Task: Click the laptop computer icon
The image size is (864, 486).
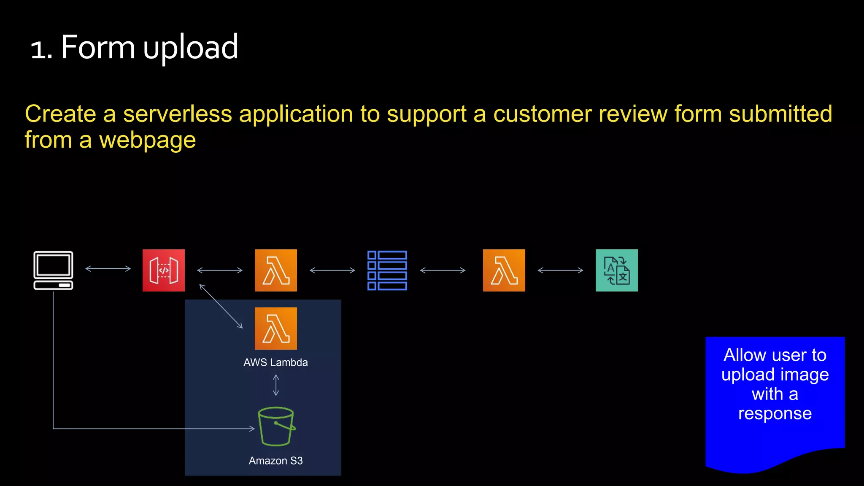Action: (x=53, y=270)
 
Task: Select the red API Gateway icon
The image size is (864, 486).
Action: (x=164, y=270)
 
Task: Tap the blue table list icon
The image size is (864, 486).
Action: (x=387, y=270)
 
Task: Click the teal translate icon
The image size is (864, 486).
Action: (x=616, y=270)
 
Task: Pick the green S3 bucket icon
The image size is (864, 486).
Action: (x=276, y=426)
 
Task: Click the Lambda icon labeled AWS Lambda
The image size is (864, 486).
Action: (x=276, y=328)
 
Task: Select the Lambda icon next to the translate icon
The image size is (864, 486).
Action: (x=504, y=270)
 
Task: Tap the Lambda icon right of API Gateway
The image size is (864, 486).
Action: (x=276, y=270)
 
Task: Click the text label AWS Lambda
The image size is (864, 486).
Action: (x=275, y=362)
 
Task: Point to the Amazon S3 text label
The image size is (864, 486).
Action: (x=275, y=461)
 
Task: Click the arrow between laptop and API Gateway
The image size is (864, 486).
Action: (x=108, y=268)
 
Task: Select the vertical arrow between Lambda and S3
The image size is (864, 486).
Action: (x=276, y=385)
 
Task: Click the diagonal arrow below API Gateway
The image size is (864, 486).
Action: (x=221, y=306)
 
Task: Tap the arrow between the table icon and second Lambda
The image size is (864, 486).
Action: (x=443, y=270)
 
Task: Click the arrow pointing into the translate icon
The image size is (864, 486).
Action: (x=560, y=270)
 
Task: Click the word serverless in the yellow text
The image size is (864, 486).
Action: (x=177, y=114)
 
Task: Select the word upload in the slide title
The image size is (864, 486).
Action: (x=191, y=47)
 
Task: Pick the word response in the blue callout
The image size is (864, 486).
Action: (x=775, y=413)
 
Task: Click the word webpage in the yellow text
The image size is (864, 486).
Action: (x=147, y=140)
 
